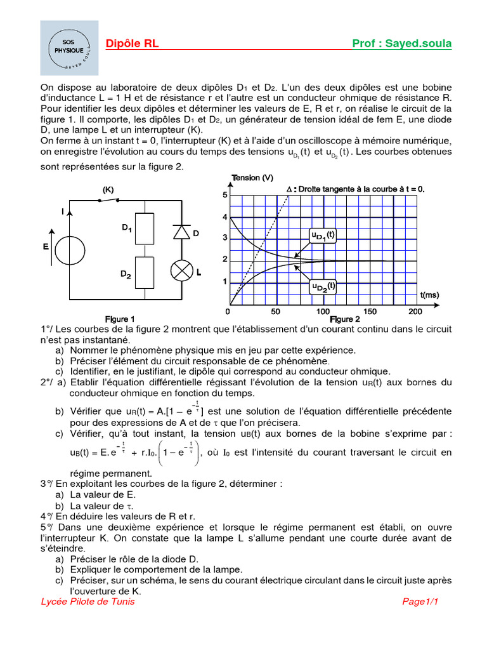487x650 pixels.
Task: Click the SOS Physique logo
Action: click(69, 48)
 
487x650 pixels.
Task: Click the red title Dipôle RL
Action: click(133, 44)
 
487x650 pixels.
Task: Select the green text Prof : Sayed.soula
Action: click(401, 44)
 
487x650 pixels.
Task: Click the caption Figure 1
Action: click(120, 318)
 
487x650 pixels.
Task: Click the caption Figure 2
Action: click(345, 319)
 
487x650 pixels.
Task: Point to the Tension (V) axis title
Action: click(253, 178)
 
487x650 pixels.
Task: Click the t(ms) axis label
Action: click(429, 295)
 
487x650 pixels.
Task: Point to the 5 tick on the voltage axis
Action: click(224, 195)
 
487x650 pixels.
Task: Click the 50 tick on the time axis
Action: click(275, 312)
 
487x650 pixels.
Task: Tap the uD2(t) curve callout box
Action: click(323, 287)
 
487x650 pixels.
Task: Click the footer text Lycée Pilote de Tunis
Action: click(88, 602)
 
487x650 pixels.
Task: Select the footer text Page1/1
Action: click(420, 602)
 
